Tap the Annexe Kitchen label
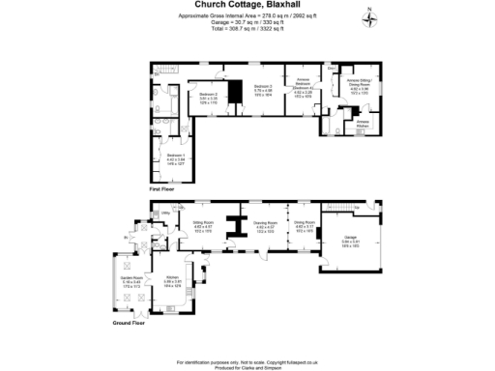363,123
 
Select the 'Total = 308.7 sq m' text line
247,27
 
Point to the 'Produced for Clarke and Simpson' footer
247,367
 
